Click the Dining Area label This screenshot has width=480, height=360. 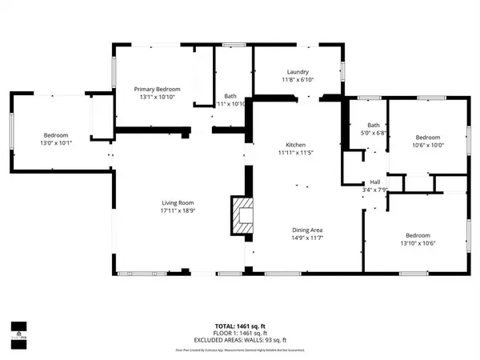[x=307, y=230]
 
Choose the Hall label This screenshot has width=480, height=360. [x=374, y=182]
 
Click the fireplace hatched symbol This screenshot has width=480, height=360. [x=242, y=214]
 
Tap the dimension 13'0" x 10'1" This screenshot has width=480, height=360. [x=56, y=144]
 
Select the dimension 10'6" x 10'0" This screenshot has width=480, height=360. [x=428, y=145]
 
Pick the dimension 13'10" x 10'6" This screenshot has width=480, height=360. [x=418, y=243]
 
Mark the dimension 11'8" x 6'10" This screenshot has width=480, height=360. [x=298, y=80]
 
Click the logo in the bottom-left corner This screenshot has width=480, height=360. [x=18, y=329]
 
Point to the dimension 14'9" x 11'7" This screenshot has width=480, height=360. [x=307, y=238]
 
